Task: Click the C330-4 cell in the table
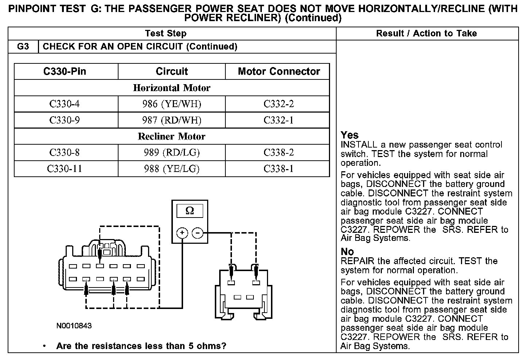(65, 104)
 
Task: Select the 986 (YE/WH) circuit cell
(171, 104)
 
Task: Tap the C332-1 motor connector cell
(278, 120)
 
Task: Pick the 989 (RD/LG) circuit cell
(171, 152)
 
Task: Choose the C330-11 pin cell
(65, 169)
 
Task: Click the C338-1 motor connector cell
(278, 169)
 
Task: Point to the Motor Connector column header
(279, 71)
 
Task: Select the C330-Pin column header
(65, 71)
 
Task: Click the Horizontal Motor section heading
(171, 88)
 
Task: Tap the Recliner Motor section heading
(171, 136)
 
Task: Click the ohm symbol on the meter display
(190, 211)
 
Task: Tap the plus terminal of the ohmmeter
(182, 232)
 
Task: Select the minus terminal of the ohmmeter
(197, 232)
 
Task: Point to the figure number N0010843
(74, 325)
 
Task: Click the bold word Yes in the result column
(349, 135)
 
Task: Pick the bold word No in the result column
(347, 252)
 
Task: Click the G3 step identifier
(23, 47)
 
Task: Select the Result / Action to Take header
(426, 34)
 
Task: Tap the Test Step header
(166, 34)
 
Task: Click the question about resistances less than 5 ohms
(141, 346)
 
